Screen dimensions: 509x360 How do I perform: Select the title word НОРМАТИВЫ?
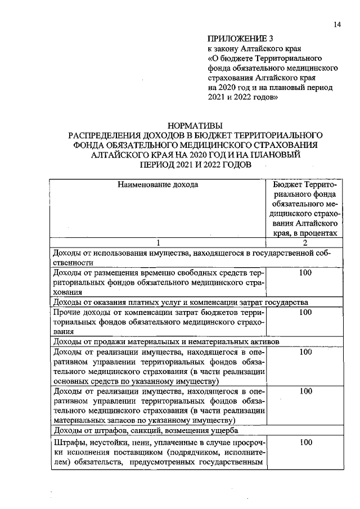pos(195,126)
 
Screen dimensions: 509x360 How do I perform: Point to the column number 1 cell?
pos(158,242)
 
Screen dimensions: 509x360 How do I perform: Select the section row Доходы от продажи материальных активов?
pos(165,341)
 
